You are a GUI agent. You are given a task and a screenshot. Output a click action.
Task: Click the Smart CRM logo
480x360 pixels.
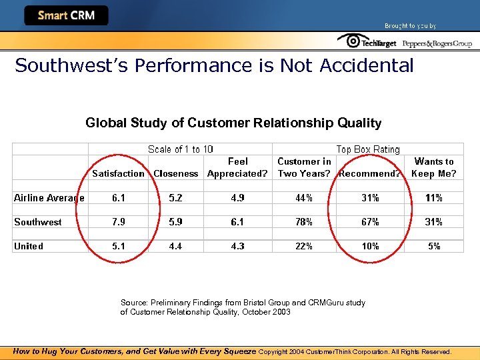(66, 15)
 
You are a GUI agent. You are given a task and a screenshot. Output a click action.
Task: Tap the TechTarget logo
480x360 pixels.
(367, 42)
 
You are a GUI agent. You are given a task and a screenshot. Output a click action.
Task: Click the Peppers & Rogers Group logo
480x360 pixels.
(436, 43)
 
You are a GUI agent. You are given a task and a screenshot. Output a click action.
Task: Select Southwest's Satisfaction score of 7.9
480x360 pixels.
(118, 222)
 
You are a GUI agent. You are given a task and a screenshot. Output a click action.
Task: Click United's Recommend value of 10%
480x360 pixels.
(370, 246)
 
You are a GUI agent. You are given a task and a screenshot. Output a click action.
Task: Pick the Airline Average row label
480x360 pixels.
(49, 198)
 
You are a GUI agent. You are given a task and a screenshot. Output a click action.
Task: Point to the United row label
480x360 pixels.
(29, 246)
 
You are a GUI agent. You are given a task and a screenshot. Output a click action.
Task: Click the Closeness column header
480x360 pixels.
(176, 173)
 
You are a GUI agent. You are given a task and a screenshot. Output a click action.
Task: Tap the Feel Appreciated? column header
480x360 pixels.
(237, 167)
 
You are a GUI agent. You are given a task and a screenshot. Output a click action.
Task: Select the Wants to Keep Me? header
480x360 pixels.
(434, 167)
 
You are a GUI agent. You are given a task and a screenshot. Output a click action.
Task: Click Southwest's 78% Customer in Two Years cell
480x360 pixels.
(304, 222)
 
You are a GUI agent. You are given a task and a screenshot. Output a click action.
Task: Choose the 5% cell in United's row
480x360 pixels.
(434, 246)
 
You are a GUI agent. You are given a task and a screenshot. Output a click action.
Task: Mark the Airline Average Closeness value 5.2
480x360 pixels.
(176, 198)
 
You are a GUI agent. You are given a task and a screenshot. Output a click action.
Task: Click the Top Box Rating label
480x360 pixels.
(368, 149)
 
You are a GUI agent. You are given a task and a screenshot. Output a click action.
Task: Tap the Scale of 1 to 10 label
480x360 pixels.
(180, 149)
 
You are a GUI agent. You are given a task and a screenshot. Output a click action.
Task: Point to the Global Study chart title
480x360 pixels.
(233, 123)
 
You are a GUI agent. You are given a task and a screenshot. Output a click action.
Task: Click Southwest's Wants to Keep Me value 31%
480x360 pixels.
(434, 222)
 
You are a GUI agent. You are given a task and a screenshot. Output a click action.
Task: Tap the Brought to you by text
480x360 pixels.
(410, 26)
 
